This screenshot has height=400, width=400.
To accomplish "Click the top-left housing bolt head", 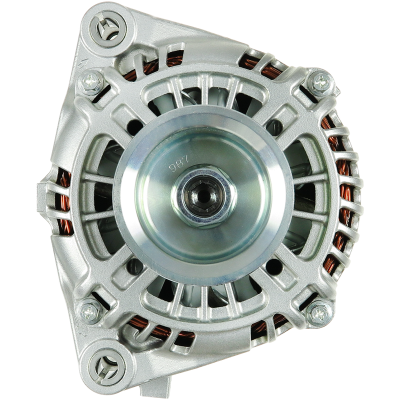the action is tap(91, 81).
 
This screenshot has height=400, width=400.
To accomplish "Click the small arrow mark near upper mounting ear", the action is tap(82, 63).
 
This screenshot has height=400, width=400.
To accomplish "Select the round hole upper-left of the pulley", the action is tap(134, 126).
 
